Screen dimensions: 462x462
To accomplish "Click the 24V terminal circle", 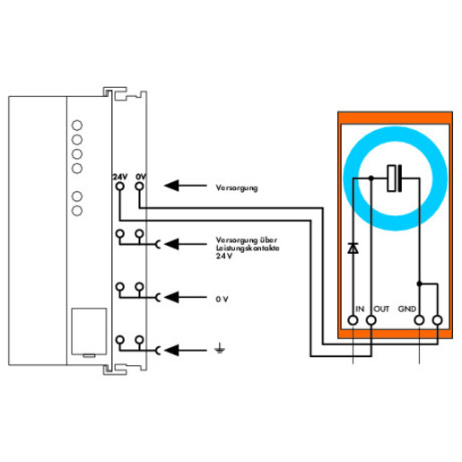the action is pos(120,187).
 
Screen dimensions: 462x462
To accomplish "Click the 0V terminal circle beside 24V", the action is pos(139,187).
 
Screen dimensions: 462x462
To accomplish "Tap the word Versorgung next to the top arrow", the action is pos(237,188).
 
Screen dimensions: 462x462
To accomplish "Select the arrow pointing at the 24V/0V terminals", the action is pos(186,186).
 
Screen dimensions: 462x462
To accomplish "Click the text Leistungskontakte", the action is pos(248,248).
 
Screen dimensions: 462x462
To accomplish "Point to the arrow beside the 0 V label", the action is pos(186,297).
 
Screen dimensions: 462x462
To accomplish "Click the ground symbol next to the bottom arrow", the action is pos(220,348).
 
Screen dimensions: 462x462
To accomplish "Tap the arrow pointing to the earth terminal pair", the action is pos(186,350).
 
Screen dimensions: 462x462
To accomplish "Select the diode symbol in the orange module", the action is pos(353,248).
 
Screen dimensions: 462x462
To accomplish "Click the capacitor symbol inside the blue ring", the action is pos(395,179).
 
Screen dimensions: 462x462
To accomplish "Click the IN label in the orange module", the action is pos(360,309).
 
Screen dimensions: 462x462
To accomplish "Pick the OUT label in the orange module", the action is pos(381,309).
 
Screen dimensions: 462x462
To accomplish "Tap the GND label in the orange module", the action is pos(407,309).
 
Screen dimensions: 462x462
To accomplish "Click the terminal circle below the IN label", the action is pos(353,320).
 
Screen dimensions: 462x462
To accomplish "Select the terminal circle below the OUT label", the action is pos(371,320).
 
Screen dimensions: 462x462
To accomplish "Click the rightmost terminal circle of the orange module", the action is pos(438,320).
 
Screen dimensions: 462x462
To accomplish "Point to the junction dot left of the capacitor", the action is pos(371,179).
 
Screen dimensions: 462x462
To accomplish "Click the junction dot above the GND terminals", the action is pos(419,283).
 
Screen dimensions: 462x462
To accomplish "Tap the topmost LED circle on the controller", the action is pos(77,126).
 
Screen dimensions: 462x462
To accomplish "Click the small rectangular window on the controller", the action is pos(89,331).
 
